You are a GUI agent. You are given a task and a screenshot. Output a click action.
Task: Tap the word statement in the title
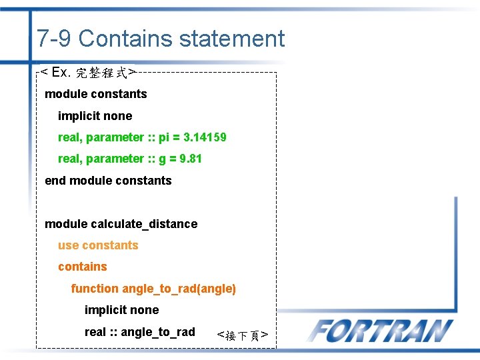231,39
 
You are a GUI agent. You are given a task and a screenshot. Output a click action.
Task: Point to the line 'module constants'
95,94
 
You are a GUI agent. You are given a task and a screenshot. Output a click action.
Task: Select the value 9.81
190,159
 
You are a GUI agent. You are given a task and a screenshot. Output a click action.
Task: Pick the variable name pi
165,138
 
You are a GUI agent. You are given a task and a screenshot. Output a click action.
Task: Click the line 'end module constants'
108,181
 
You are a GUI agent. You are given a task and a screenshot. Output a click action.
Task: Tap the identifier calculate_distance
148,224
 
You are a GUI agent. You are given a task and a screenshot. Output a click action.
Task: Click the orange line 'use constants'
98,245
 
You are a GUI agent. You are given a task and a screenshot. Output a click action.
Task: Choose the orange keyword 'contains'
82,267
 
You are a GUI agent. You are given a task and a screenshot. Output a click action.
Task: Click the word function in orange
95,289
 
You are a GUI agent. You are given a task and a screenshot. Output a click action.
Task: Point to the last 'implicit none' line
121,310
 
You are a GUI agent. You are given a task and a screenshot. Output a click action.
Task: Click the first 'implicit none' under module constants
95,116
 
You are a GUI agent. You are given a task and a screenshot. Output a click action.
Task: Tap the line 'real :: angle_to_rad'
139,332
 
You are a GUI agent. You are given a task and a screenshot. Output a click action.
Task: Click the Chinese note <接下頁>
243,335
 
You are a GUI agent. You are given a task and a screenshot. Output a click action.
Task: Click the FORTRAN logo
381,331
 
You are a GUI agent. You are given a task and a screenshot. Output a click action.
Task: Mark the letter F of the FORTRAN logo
323,331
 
